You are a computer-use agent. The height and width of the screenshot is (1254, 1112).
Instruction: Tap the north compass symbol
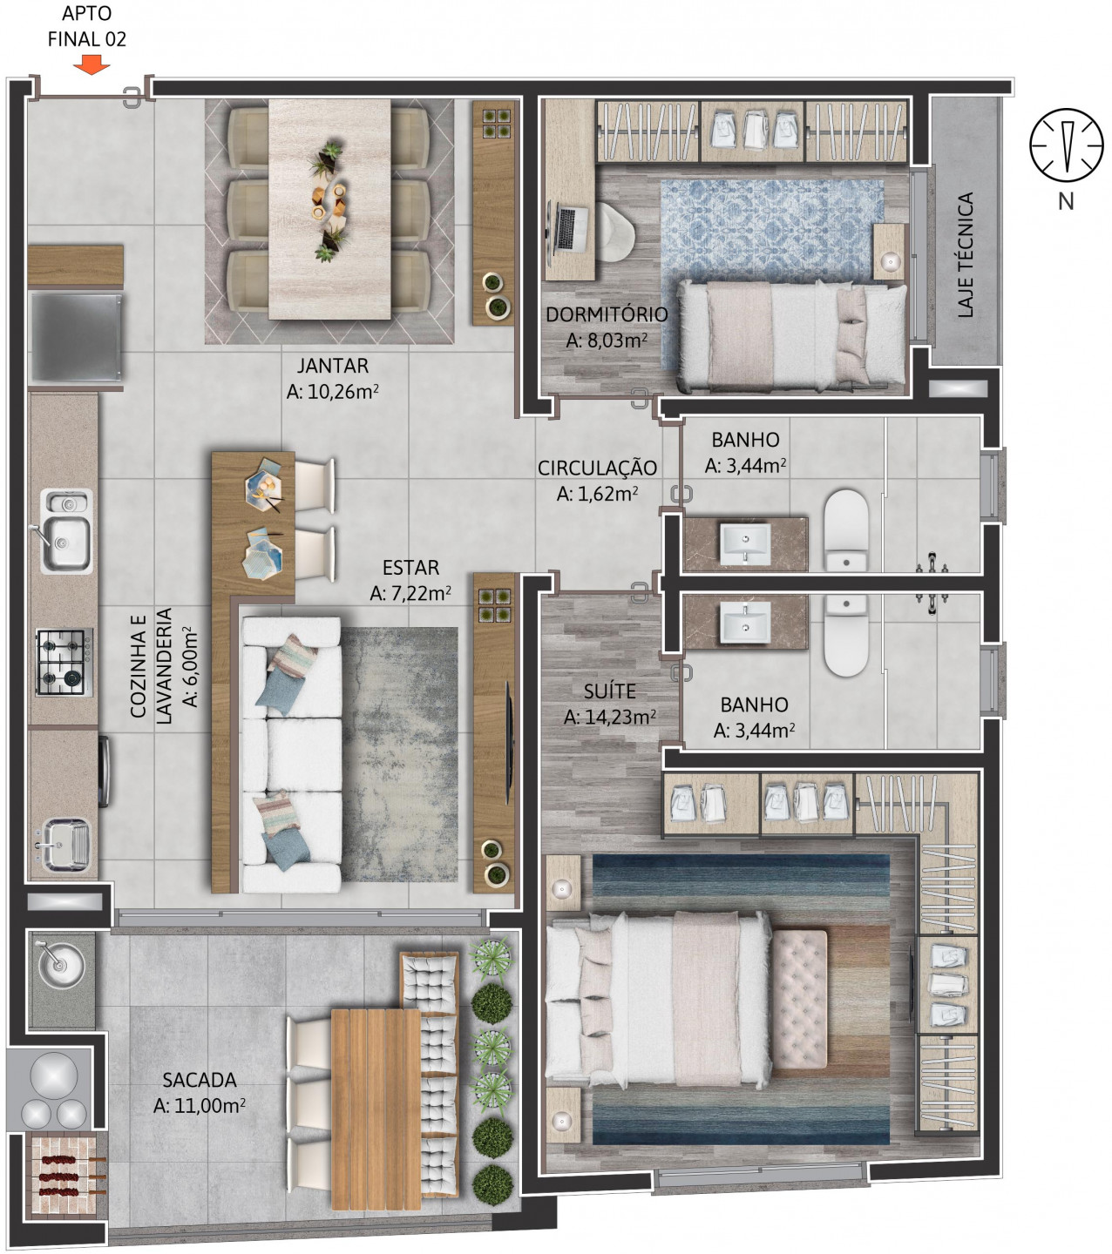click(1065, 145)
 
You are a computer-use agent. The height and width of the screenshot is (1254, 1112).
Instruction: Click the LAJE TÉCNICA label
click(966, 255)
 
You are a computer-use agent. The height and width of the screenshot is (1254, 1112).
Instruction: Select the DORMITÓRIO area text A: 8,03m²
click(607, 340)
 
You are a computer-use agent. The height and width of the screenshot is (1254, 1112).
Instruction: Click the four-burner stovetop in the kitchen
click(63, 662)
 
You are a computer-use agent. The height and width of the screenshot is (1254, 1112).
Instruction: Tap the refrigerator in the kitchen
click(75, 336)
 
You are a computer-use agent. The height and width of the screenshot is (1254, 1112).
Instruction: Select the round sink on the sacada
click(60, 962)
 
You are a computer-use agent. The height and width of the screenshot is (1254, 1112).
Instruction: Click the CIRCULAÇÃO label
click(597, 469)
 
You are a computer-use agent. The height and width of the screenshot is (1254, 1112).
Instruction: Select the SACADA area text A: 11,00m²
click(199, 1106)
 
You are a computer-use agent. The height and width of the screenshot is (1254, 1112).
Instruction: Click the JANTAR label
click(332, 366)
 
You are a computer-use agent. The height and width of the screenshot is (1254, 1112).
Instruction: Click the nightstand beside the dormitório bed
click(890, 252)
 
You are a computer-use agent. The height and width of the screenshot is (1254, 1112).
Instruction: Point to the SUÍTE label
click(609, 692)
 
